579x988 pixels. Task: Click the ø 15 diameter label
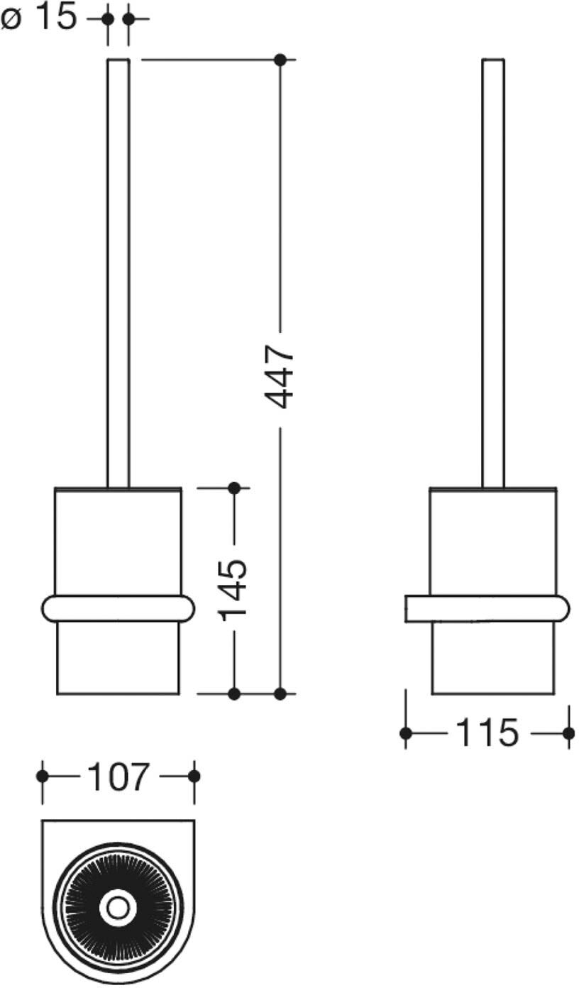[x=39, y=18]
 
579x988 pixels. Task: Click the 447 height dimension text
[x=279, y=376]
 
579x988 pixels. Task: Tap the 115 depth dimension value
[x=487, y=733]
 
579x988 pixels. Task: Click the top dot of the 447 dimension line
[x=280, y=60]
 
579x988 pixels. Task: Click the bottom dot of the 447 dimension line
[x=280, y=694]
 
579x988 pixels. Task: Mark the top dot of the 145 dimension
[x=235, y=488]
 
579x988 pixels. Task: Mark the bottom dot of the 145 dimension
[x=235, y=694]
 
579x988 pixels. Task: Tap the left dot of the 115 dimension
[x=406, y=733]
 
